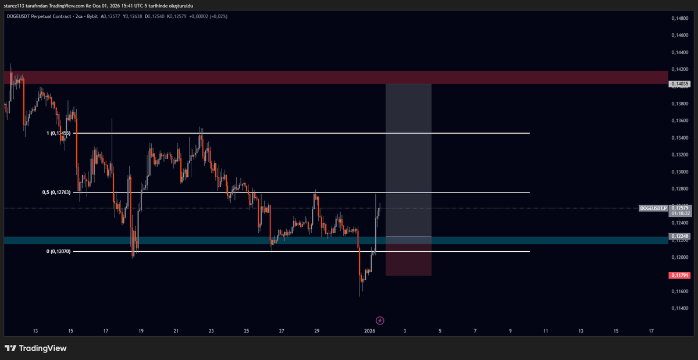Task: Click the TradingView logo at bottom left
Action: tap(35, 348)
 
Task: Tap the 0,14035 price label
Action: tap(680, 84)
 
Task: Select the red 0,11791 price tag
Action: tap(680, 275)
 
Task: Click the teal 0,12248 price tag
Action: tap(680, 236)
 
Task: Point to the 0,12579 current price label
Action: tap(680, 208)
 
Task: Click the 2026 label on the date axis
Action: tap(369, 331)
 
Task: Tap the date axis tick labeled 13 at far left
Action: tap(35, 331)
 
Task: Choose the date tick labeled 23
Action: tap(211, 331)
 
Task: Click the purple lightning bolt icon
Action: tap(380, 320)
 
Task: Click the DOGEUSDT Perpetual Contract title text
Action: tap(38, 16)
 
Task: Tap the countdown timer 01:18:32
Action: tap(680, 213)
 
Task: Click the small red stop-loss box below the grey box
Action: tap(408, 260)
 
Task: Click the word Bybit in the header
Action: tap(91, 16)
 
